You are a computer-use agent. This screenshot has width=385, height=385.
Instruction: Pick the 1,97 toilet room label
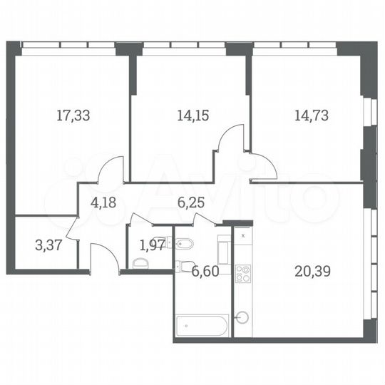(151, 246)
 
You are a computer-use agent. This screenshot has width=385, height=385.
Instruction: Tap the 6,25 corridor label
(190, 202)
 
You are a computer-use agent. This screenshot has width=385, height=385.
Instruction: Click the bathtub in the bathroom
(202, 326)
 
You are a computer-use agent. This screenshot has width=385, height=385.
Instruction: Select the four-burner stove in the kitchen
(243, 274)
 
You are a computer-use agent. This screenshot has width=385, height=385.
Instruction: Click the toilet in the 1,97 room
(140, 263)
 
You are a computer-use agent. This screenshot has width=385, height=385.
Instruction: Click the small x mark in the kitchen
(243, 235)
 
